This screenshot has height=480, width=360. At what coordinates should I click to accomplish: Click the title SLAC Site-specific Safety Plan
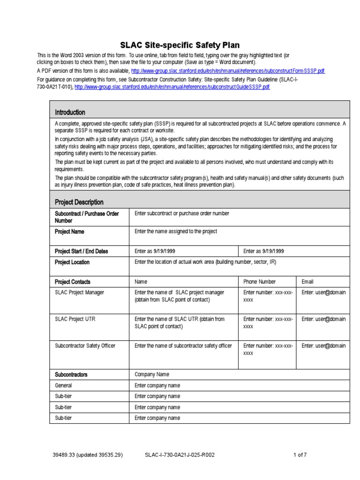coord(180,45)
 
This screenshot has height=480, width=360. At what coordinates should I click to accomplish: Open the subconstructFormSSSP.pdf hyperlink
coord(228,71)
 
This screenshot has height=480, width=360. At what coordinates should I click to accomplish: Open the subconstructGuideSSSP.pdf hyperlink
coord(172,87)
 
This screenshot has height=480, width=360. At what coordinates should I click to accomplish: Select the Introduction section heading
coord(70,112)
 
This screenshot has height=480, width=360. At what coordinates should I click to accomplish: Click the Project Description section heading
coord(79,202)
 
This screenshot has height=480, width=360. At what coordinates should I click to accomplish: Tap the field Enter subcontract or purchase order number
coord(182,214)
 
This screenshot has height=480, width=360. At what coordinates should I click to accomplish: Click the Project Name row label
coord(70,232)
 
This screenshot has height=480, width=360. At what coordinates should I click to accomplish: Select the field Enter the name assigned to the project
coord(176,232)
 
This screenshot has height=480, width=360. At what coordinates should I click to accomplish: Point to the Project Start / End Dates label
coord(82,251)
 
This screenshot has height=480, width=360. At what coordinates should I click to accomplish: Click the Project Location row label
coord(72,262)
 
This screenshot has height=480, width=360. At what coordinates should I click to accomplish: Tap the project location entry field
coord(205,262)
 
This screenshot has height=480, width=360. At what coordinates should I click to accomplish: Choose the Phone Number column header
coord(260,282)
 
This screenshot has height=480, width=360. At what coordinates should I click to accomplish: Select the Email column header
coord(307,282)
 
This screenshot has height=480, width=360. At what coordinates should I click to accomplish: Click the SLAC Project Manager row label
coord(80,292)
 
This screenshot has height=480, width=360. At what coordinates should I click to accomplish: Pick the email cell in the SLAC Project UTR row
coord(323,319)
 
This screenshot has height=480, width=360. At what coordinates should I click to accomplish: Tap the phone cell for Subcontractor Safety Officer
coord(268,350)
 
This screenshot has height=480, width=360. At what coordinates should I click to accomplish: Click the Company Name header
coord(152,375)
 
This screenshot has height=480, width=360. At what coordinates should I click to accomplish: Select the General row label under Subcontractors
coord(64,385)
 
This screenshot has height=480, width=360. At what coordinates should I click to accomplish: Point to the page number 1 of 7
coord(300,455)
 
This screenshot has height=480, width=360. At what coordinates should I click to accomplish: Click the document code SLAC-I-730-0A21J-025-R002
coord(180,455)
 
